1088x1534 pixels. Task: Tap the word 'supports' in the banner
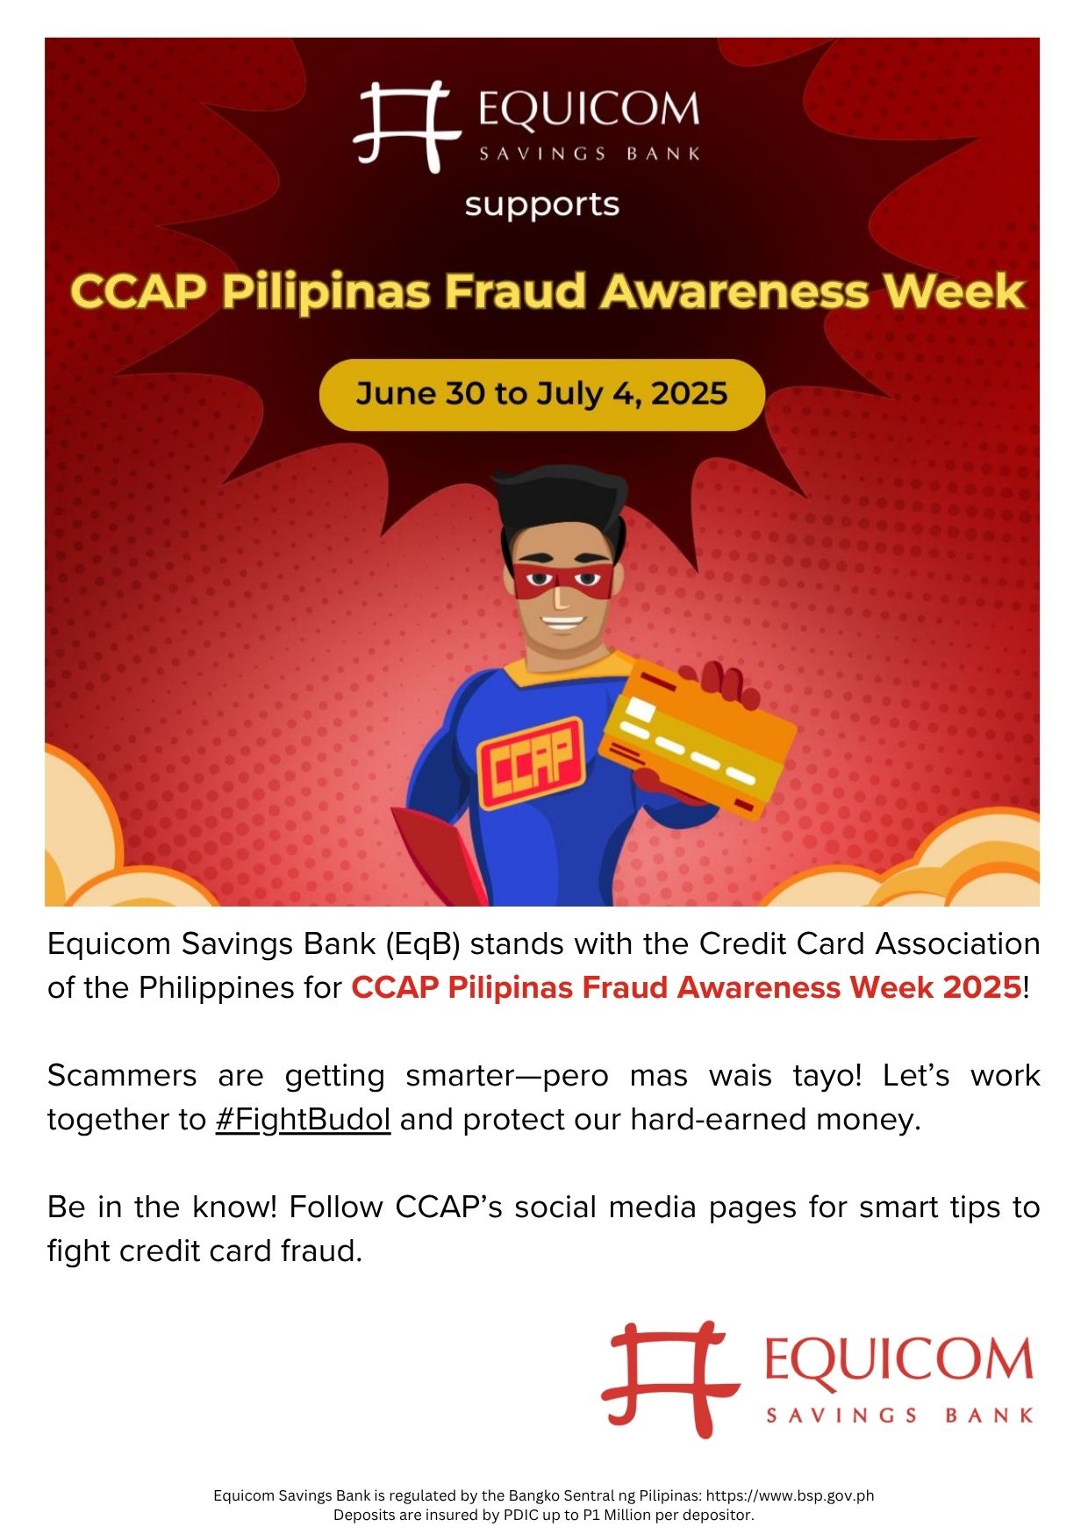(x=542, y=205)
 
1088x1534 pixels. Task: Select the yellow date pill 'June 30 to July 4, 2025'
(x=542, y=394)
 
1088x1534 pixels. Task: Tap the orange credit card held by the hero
(x=698, y=738)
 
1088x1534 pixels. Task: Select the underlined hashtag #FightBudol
(x=303, y=1120)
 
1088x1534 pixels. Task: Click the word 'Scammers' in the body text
(x=122, y=1076)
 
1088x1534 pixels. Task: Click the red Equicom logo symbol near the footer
(x=670, y=1379)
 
